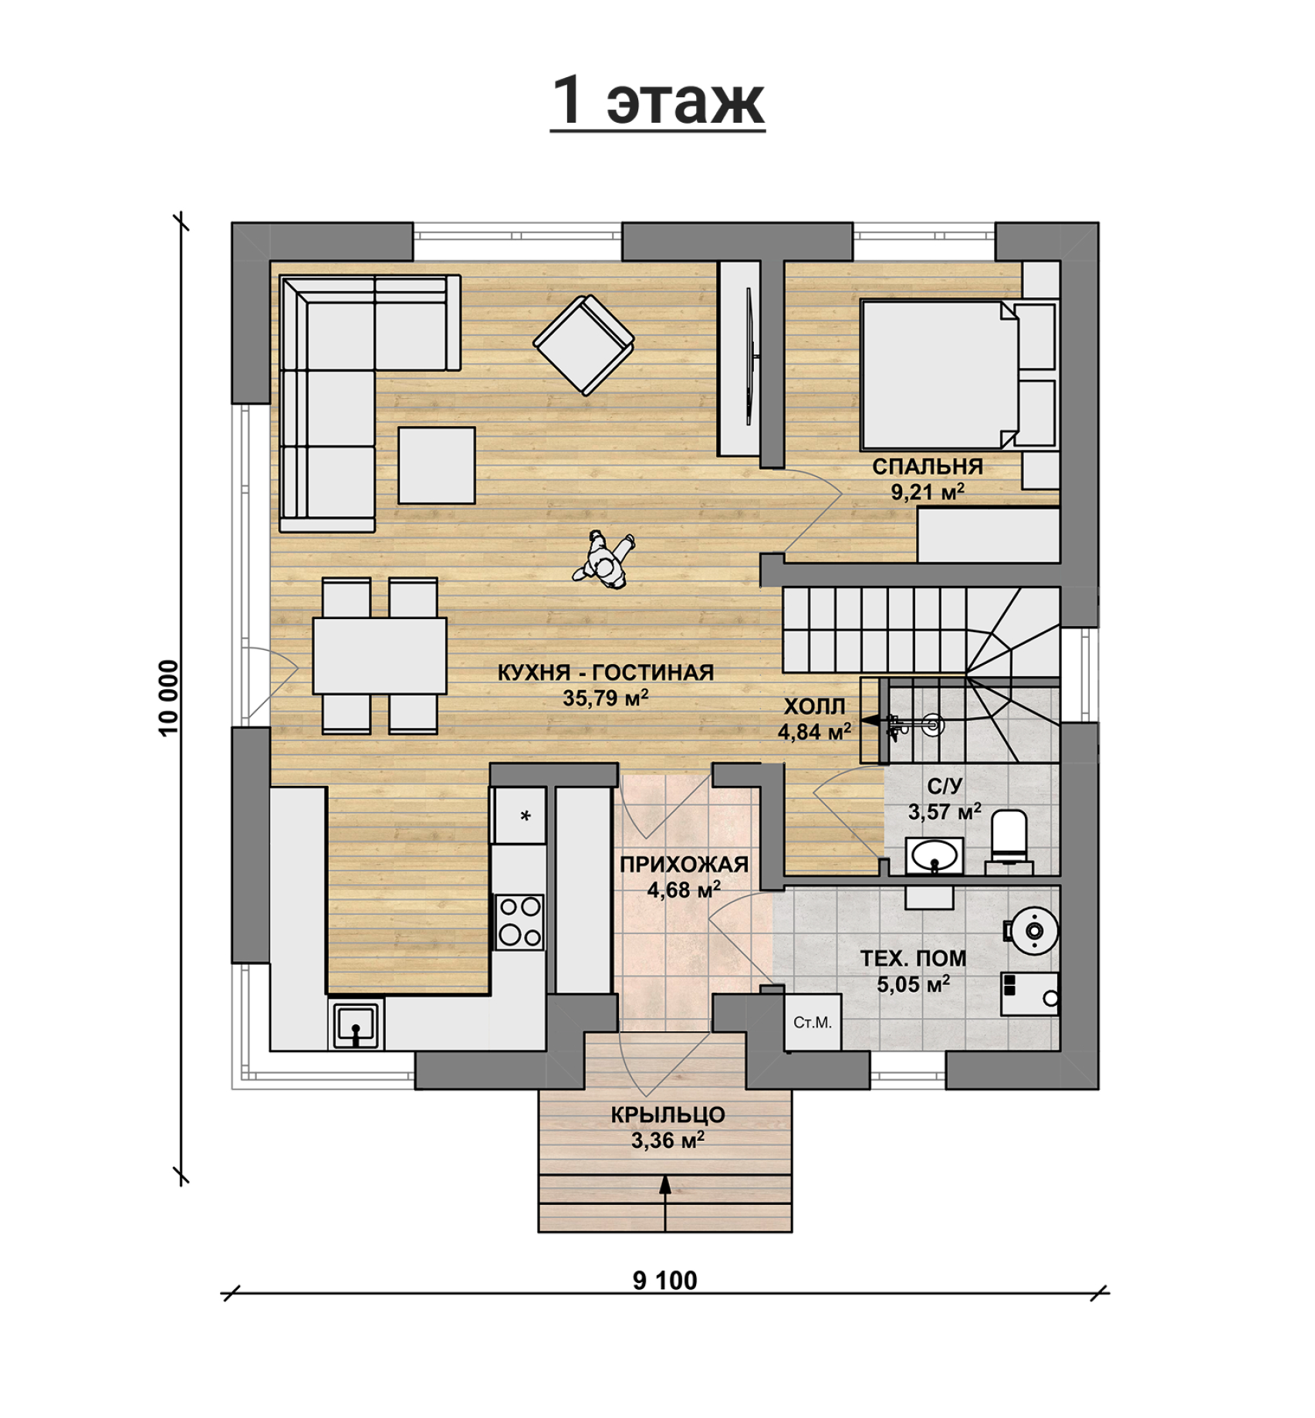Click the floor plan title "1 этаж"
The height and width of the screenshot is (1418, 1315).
click(657, 100)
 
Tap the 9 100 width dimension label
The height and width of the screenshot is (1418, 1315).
click(664, 1281)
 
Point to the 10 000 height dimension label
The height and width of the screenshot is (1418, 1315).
click(168, 698)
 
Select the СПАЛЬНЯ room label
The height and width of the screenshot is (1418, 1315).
click(928, 466)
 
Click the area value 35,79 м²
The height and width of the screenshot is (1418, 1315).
click(605, 697)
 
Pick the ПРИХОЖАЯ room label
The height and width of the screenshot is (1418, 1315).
click(684, 864)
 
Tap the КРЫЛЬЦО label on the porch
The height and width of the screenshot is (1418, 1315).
click(668, 1115)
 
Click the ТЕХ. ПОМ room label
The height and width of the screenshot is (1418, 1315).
click(913, 958)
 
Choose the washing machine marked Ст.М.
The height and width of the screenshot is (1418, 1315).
click(813, 1022)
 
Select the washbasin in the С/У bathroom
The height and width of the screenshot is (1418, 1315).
click(934, 855)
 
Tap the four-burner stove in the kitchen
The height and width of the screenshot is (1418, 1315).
click(519, 922)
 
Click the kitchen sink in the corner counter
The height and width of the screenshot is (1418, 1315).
click(356, 1024)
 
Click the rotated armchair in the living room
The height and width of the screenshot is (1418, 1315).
click(584, 345)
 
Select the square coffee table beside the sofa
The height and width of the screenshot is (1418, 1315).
click(437, 465)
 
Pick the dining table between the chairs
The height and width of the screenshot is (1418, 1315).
click(380, 655)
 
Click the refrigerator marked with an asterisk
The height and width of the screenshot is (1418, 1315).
click(520, 815)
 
